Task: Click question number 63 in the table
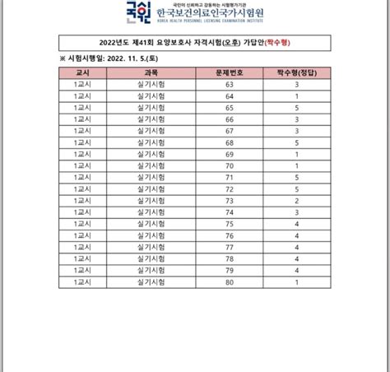point(230,85)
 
